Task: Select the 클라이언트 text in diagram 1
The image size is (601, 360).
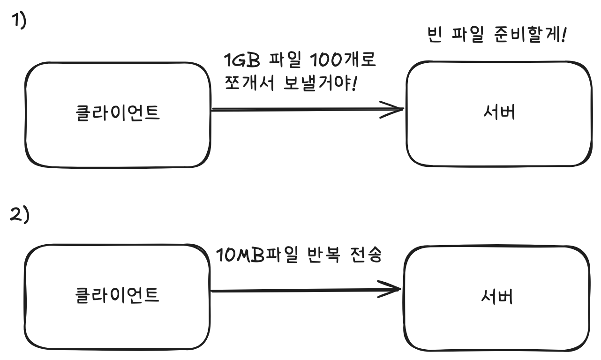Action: click(117, 114)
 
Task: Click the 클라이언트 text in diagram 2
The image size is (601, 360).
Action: click(117, 295)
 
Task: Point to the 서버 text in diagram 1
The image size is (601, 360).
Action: click(498, 113)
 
